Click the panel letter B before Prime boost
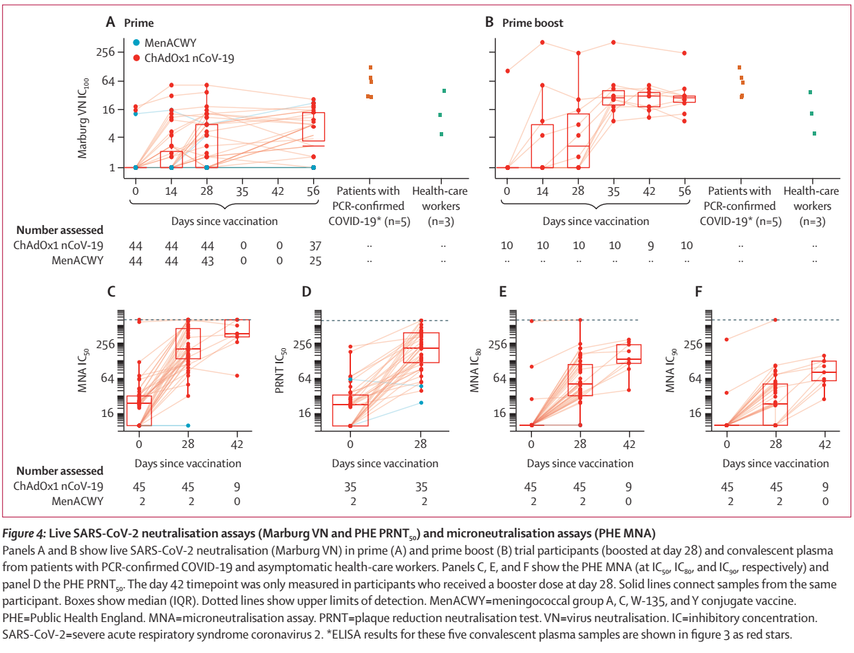(489, 23)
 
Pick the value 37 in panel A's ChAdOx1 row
(314, 246)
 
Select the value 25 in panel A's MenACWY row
(314, 261)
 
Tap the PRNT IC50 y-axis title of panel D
(281, 372)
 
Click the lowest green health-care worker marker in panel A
(442, 134)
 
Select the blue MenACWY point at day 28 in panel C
(188, 425)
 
